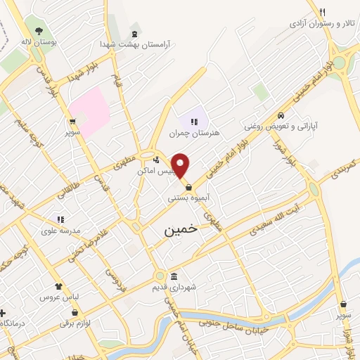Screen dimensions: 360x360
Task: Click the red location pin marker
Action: (x=181, y=166)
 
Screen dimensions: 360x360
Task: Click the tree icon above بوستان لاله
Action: (x=37, y=30)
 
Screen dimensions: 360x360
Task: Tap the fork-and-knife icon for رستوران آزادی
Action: (x=322, y=12)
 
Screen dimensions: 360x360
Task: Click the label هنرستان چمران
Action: (x=195, y=132)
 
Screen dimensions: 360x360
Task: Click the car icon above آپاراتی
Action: (x=281, y=115)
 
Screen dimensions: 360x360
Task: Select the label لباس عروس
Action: (x=60, y=297)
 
